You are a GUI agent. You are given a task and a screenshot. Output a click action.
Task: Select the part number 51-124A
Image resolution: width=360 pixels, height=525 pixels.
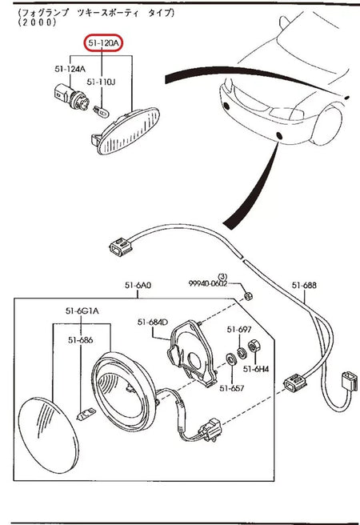click(x=70, y=69)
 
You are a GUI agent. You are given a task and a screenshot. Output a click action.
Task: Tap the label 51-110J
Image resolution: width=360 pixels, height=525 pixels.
click(x=102, y=82)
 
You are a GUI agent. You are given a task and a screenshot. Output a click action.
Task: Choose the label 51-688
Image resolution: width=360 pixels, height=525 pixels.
click(x=304, y=285)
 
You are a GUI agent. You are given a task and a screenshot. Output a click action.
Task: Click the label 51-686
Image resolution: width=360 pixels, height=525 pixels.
click(x=80, y=340)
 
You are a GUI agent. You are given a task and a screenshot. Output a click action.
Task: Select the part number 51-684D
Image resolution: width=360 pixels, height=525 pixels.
click(x=152, y=322)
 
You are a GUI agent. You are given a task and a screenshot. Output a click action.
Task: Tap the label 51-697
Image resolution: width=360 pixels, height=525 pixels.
click(x=239, y=329)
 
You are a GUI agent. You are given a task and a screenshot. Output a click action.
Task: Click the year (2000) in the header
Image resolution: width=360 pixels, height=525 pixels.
click(x=35, y=24)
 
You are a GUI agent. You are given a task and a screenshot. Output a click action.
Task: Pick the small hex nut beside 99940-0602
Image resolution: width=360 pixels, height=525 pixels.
click(x=249, y=297)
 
